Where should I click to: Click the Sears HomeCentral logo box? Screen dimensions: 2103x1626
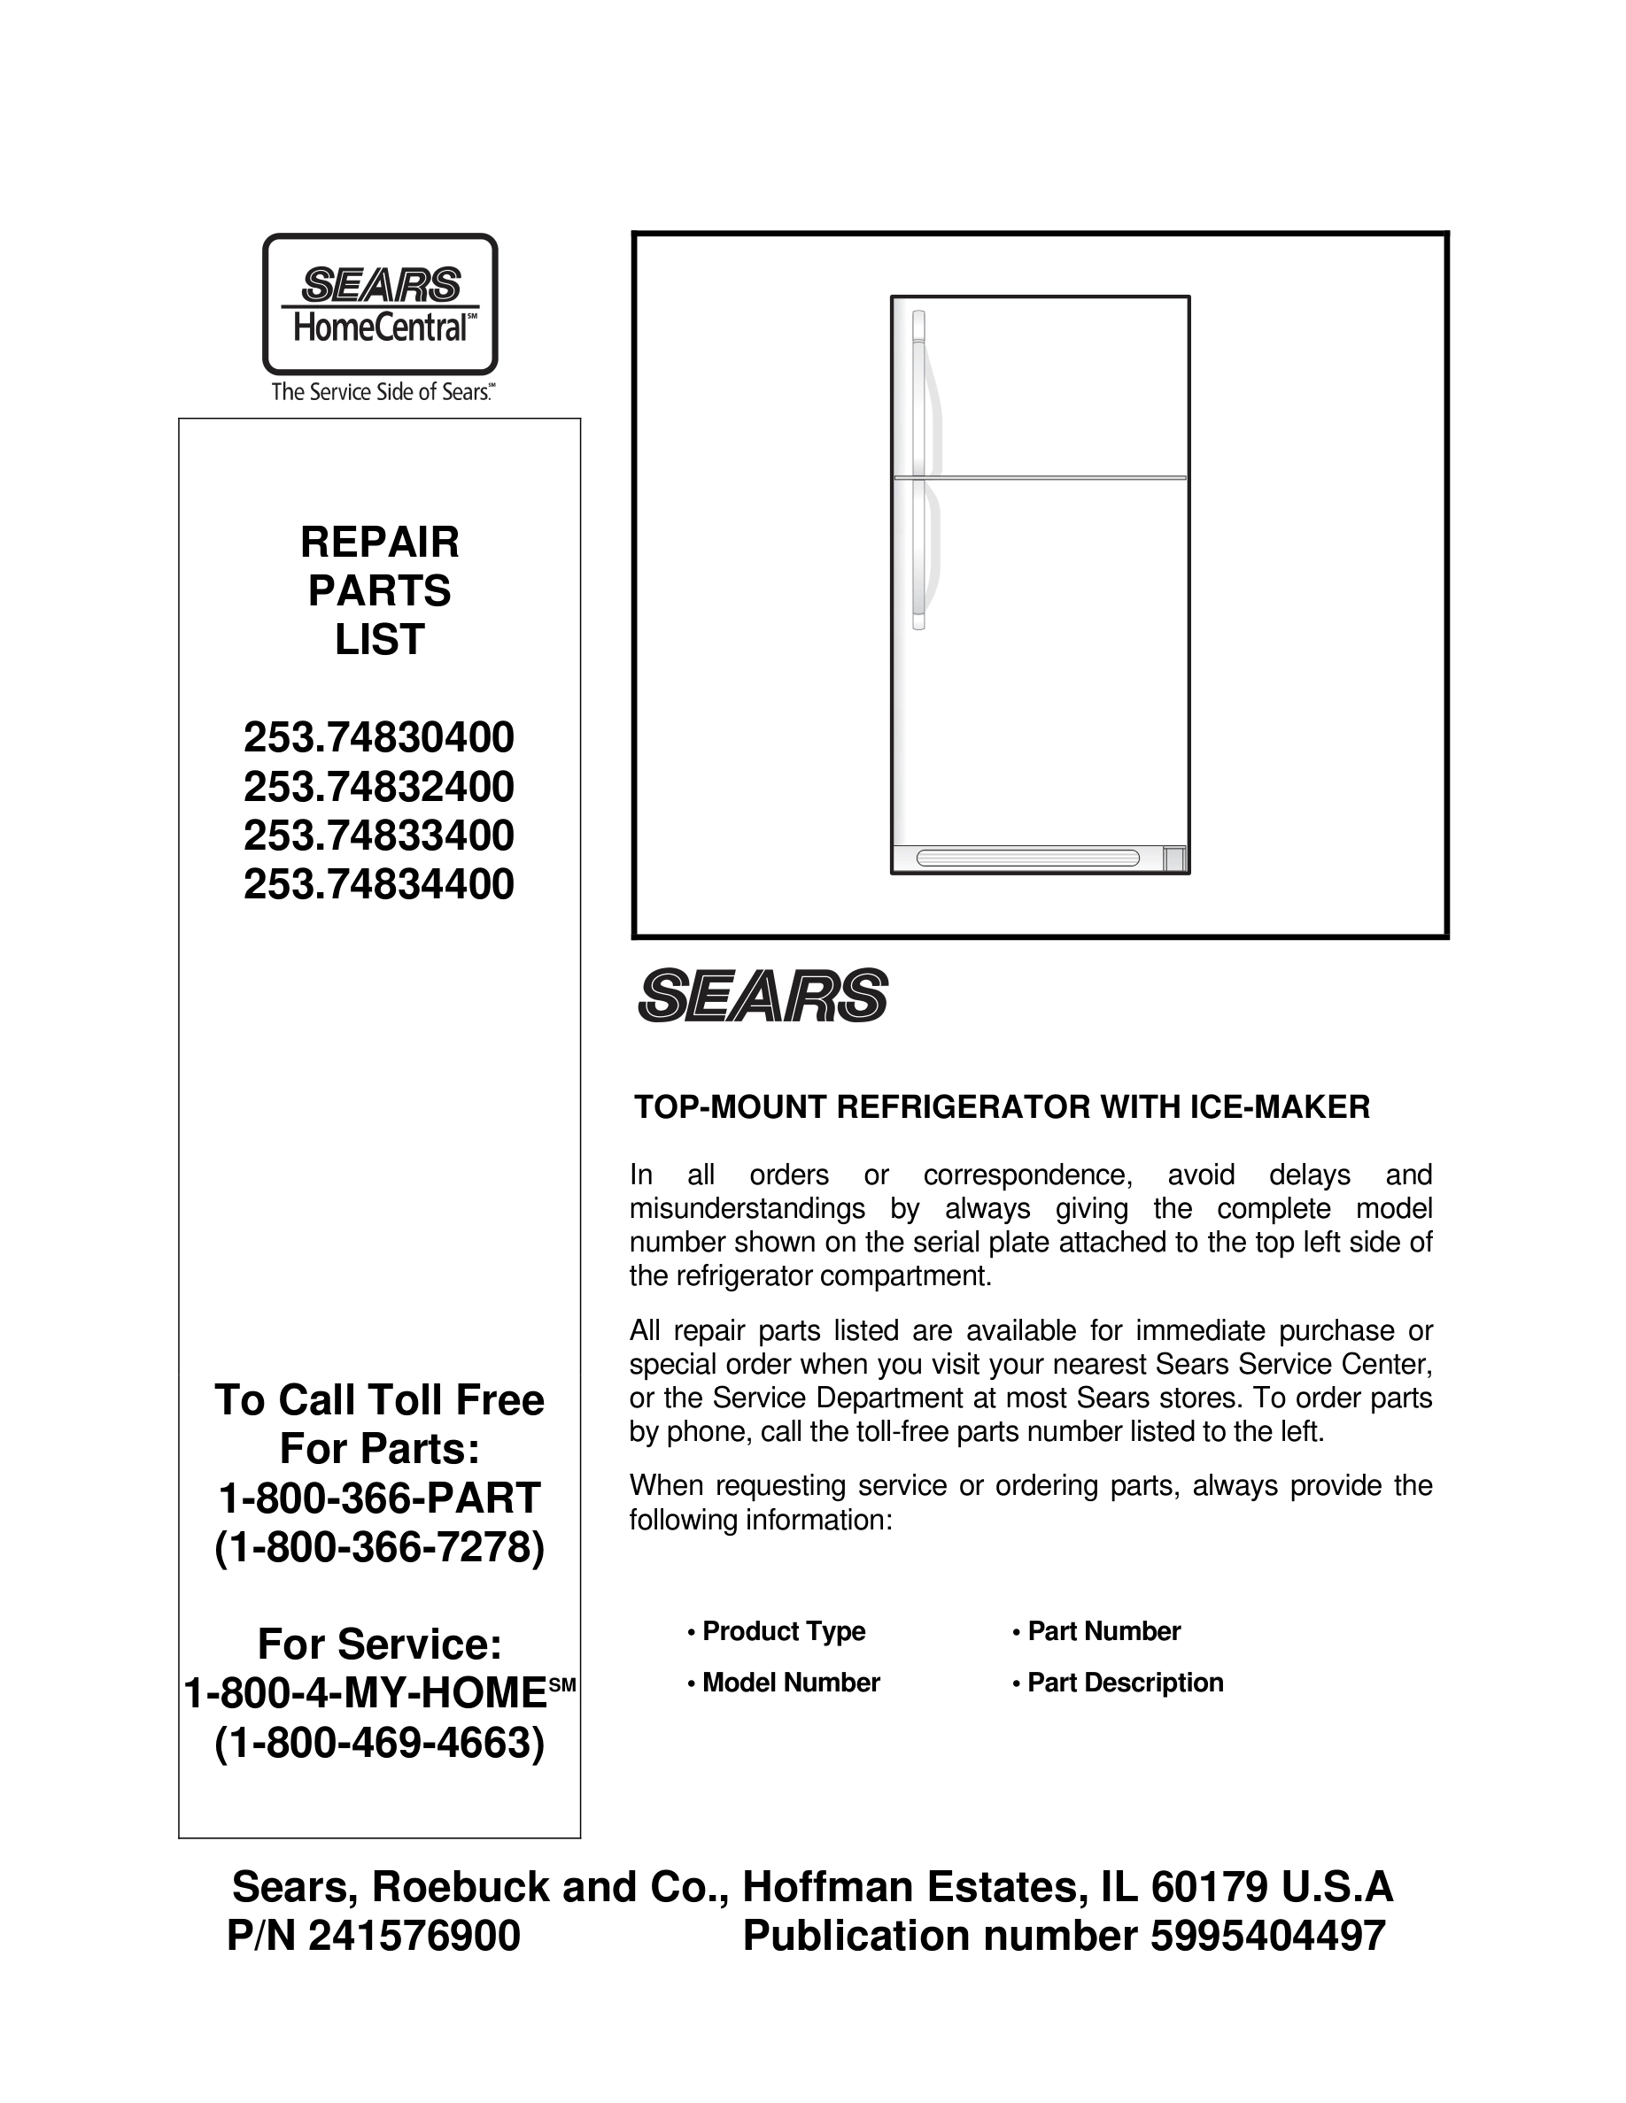pos(380,304)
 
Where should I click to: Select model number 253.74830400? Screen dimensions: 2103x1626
pos(378,738)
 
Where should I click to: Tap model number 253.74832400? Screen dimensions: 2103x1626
pos(378,788)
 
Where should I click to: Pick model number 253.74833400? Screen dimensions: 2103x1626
pos(378,836)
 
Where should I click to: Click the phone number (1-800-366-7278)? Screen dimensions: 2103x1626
pos(380,1547)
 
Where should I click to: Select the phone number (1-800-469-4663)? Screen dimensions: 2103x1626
pos(380,1743)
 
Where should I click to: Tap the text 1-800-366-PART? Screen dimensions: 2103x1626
pos(380,1498)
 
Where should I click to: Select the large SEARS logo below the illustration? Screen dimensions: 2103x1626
pos(762,996)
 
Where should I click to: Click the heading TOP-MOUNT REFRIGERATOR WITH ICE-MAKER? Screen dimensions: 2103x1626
pos(1001,1107)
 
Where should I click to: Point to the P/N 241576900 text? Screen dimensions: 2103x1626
pos(374,1937)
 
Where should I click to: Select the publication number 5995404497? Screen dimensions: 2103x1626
pos(1064,1937)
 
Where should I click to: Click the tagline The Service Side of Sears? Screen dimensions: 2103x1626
pos(383,392)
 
